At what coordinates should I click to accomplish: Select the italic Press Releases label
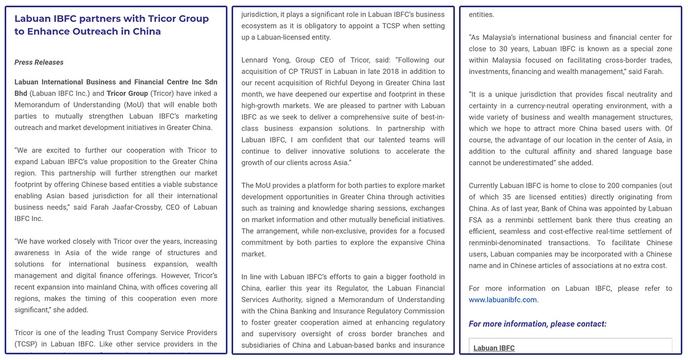click(x=39, y=62)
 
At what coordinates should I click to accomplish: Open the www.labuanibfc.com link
click(x=502, y=300)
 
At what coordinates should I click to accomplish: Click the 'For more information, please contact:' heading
click(x=537, y=324)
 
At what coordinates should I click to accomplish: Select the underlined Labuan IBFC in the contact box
click(x=494, y=348)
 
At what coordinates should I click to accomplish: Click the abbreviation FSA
click(x=476, y=220)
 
